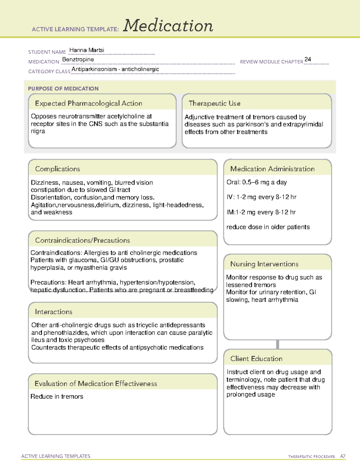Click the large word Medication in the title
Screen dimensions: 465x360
[x=168, y=26]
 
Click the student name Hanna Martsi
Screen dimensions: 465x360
[x=87, y=50]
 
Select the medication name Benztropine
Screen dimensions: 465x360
[x=78, y=59]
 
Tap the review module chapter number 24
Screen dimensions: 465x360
[x=307, y=59]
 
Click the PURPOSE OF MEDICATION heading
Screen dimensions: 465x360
[x=63, y=89]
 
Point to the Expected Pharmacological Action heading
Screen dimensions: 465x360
[x=88, y=103]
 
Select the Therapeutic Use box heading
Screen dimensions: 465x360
[x=214, y=103]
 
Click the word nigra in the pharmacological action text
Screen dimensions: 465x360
[x=38, y=131]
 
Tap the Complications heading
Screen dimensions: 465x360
[x=57, y=169]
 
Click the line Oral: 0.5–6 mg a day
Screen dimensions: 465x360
[x=256, y=182]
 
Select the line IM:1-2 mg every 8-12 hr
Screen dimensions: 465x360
[x=261, y=212]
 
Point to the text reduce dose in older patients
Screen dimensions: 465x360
[x=268, y=227]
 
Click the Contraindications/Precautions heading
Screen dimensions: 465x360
[x=82, y=240]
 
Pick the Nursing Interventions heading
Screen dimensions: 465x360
[x=264, y=264]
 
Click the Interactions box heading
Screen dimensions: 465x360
[x=53, y=312]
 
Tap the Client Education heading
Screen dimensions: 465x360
[x=256, y=358]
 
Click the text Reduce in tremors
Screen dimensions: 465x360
[x=57, y=396]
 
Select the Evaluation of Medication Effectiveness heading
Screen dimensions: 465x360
[x=96, y=384]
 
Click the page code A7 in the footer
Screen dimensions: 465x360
[x=342, y=456]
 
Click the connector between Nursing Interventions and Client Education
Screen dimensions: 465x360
[x=277, y=344]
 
